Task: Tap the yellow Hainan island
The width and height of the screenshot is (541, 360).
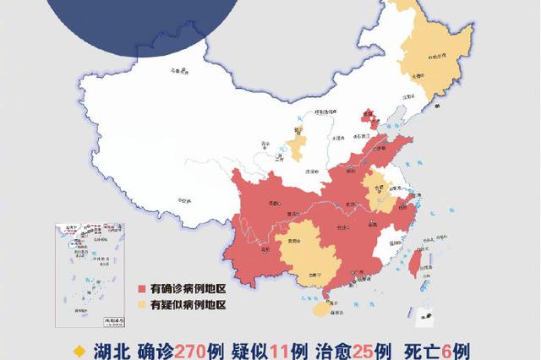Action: (x=318, y=310)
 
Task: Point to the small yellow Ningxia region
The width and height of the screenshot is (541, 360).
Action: (x=297, y=144)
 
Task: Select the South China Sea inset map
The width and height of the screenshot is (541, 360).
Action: (x=90, y=275)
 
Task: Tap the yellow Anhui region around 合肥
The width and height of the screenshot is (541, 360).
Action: (x=377, y=190)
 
